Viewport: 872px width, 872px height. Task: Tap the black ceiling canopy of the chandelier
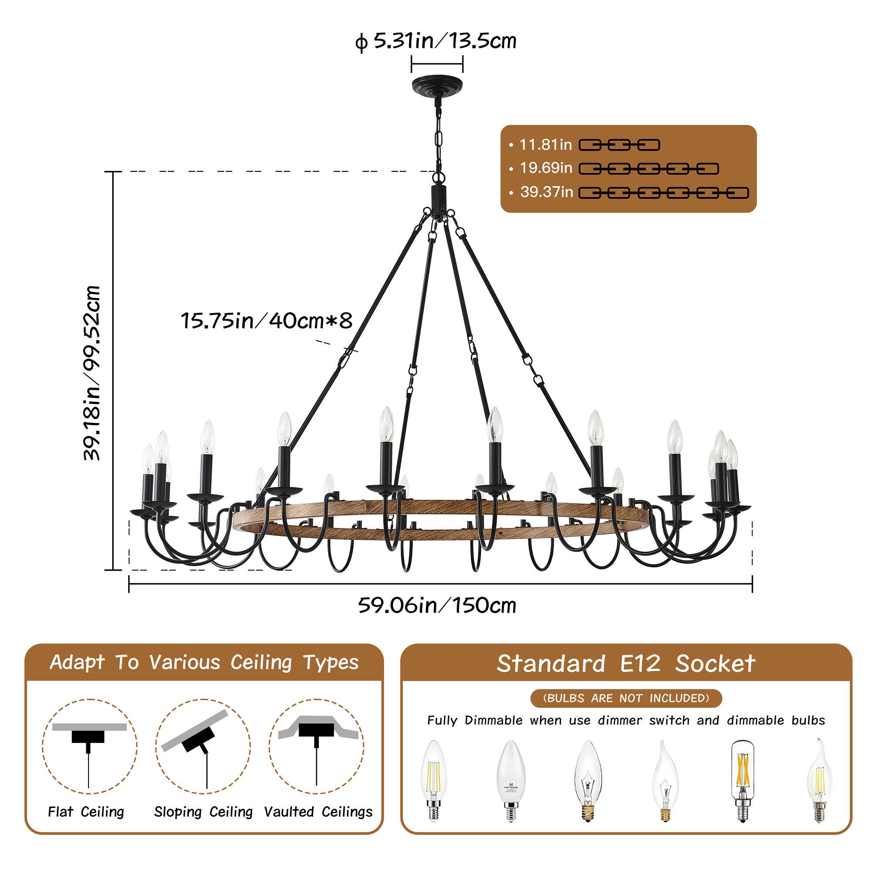click(437, 85)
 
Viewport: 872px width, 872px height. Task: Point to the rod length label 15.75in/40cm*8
click(266, 321)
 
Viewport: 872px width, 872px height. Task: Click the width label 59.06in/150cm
click(437, 605)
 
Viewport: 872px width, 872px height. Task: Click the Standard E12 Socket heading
click(626, 664)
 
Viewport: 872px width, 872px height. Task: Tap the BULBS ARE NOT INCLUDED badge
click(626, 698)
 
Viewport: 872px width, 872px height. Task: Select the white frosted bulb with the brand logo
click(511, 780)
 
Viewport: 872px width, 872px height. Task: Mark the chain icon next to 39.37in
click(664, 193)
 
